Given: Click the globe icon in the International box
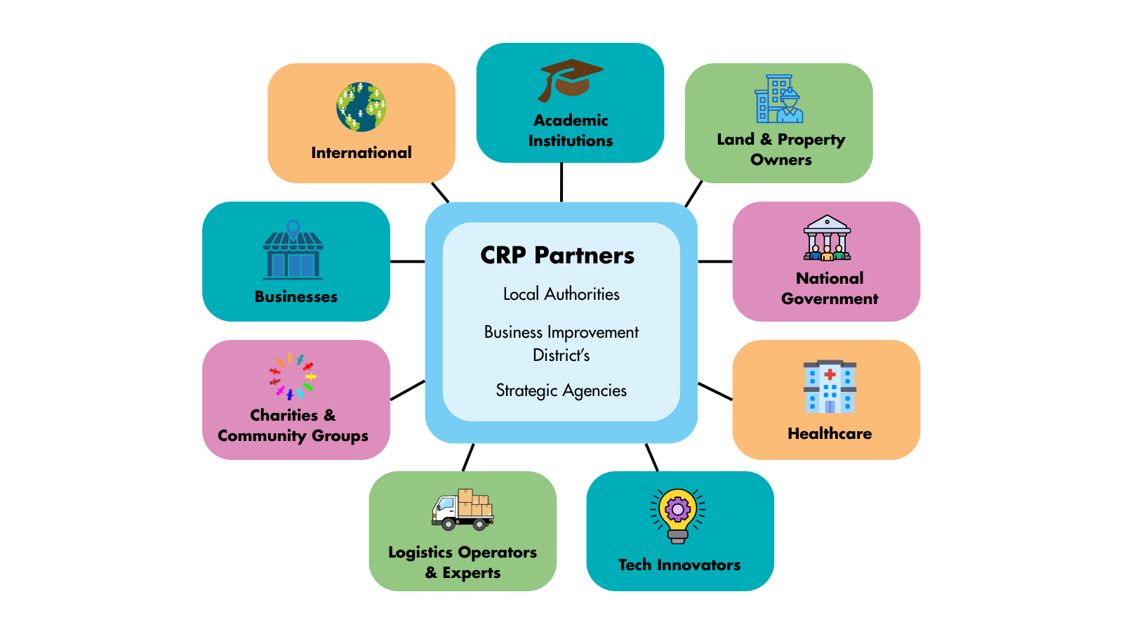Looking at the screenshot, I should [361, 107].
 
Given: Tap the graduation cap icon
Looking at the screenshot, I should [570, 79].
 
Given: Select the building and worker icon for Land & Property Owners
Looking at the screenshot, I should [779, 99].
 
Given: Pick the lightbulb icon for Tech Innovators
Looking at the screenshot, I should [678, 515].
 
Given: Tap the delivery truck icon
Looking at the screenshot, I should [463, 509].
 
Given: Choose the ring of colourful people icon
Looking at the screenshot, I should [292, 376].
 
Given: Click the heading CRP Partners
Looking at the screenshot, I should [557, 256].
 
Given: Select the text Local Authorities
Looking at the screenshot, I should [561, 294].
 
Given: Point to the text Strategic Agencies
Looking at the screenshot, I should [561, 390].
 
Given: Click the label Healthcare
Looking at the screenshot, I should [830, 433].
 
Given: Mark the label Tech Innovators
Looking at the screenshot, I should [679, 565].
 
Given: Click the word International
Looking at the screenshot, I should [361, 152].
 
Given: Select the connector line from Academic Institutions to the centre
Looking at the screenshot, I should [561, 182].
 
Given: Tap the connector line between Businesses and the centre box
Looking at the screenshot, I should [407, 261].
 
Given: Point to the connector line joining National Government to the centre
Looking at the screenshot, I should [715, 261].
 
